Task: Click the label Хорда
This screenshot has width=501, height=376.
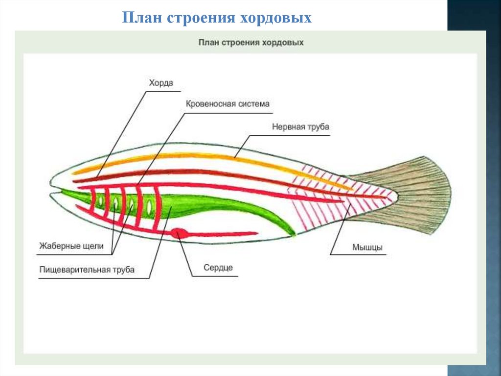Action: coord(161,83)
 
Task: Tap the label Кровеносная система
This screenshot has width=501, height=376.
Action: coord(228,104)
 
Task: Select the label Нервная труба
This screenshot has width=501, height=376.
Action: coord(300,127)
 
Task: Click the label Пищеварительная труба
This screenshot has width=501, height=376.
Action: coord(87,270)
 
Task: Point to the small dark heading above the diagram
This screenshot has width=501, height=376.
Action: coord(250,43)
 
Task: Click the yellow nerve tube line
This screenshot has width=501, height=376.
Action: coord(196,156)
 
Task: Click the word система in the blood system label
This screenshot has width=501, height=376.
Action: coord(254,104)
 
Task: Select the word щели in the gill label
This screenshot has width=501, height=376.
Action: coord(93,246)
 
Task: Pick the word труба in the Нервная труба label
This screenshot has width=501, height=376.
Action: coord(319,127)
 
